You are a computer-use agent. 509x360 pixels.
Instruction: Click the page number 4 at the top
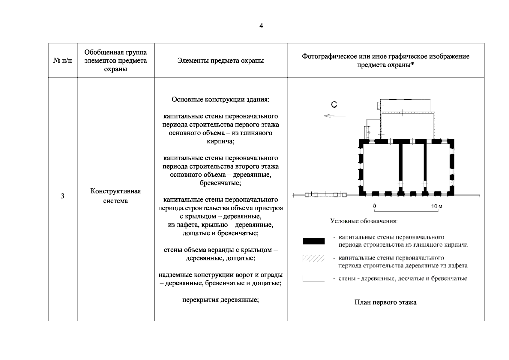(x=261, y=26)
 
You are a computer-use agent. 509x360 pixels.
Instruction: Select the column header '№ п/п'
(x=63, y=61)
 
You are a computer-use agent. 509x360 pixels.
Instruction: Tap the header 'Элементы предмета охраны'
(x=220, y=61)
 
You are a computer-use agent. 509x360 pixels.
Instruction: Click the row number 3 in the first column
(x=62, y=196)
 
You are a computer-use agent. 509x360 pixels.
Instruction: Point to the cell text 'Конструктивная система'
(x=115, y=196)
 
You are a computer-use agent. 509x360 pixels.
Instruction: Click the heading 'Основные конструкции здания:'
(x=220, y=99)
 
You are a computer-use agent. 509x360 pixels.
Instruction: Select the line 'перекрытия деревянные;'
(x=220, y=300)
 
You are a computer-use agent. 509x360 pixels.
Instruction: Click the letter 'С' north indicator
(x=334, y=104)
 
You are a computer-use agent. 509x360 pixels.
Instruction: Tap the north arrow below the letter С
(x=335, y=116)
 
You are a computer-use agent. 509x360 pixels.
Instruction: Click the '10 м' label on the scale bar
(x=436, y=206)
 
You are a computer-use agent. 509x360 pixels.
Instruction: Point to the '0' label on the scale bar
(x=374, y=206)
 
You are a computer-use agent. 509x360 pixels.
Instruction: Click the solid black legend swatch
(x=314, y=241)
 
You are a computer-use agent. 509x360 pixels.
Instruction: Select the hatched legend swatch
(x=314, y=259)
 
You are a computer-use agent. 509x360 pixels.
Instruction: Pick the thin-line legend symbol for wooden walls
(x=314, y=280)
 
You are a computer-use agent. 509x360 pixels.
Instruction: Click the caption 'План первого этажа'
(x=385, y=302)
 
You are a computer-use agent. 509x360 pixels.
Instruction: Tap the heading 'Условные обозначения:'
(x=364, y=221)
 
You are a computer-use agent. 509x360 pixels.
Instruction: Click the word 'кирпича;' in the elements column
(x=220, y=141)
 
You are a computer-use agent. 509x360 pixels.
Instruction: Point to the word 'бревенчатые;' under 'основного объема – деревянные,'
(x=220, y=183)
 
